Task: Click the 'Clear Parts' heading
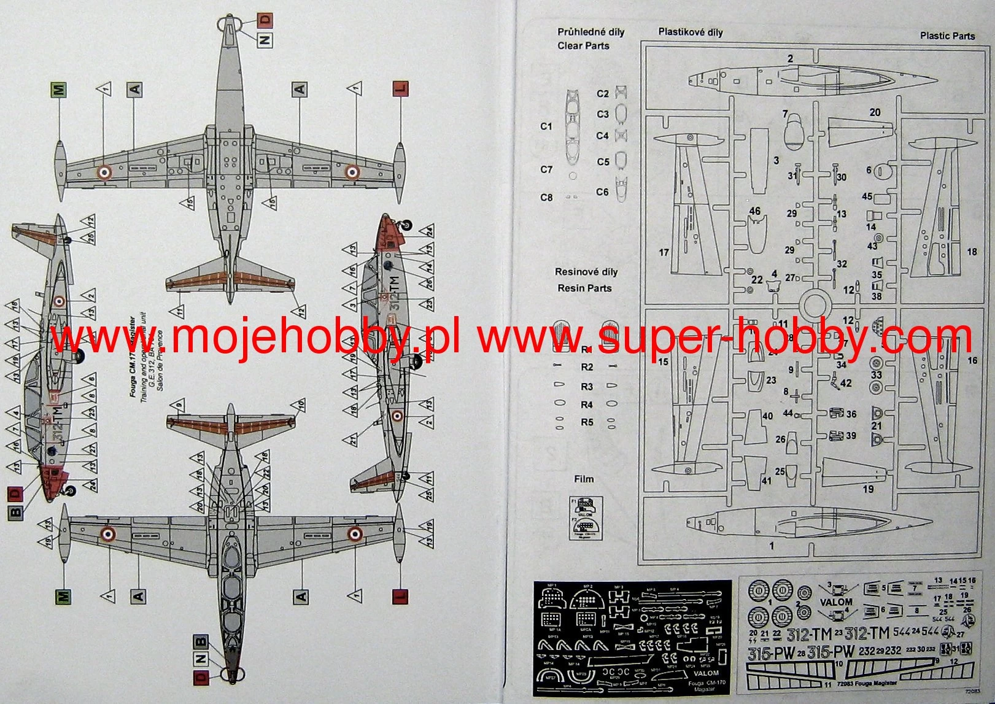point(583,46)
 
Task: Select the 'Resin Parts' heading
point(584,288)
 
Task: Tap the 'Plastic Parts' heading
point(947,36)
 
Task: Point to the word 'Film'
point(584,479)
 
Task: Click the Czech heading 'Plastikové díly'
point(691,33)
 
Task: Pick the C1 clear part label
point(546,126)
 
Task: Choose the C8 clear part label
point(546,198)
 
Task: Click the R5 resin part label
point(587,422)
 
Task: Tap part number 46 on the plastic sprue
point(754,211)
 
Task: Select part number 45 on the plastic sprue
point(867,197)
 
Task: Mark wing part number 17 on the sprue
point(664,252)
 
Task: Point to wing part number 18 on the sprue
point(972,252)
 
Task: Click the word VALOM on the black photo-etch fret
point(706,673)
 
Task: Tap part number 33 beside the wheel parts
point(876,375)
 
